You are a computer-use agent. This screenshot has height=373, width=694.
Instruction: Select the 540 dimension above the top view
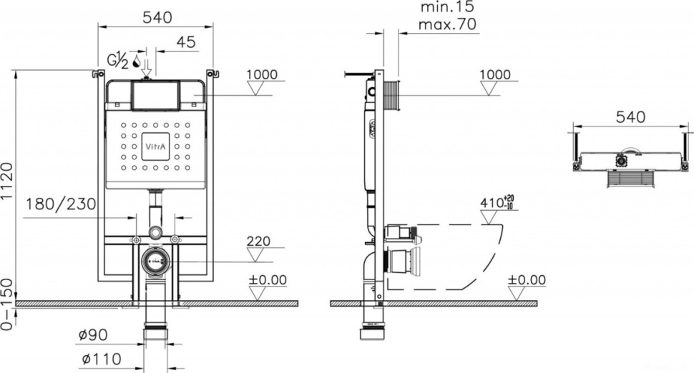click(630, 116)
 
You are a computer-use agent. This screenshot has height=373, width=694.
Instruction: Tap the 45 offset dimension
click(185, 43)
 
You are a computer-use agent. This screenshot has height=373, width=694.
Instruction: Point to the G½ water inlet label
click(117, 61)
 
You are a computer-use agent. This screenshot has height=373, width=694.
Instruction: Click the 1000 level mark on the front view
click(261, 75)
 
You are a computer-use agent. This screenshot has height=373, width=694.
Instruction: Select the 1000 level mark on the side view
click(495, 75)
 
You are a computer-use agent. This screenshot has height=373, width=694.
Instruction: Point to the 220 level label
click(259, 241)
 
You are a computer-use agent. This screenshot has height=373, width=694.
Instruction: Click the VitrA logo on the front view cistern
click(155, 147)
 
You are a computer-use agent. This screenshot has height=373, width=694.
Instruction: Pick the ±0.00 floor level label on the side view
click(527, 279)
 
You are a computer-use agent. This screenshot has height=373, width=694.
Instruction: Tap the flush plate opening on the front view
click(155, 96)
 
